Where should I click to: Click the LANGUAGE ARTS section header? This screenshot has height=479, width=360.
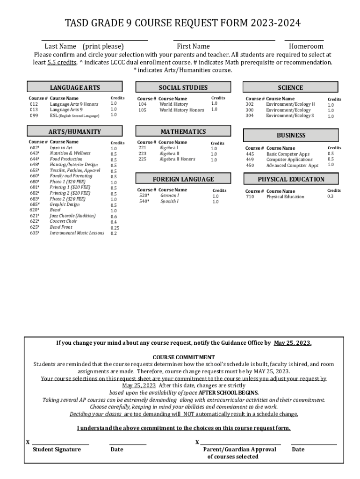coord(75,87)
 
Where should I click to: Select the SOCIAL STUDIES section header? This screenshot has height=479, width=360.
coord(183,87)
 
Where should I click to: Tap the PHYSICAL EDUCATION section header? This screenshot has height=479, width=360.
coord(291,179)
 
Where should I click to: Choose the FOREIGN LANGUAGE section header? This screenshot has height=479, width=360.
coord(183,179)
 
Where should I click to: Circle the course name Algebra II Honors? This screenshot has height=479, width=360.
coord(177,159)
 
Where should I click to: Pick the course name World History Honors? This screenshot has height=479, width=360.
coord(182,110)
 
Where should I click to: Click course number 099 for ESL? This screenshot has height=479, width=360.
coord(34,115)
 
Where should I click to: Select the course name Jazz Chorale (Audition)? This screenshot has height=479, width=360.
coord(72,216)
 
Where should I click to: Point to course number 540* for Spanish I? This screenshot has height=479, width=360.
coord(144,201)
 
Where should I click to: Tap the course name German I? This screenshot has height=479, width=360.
coord(169,196)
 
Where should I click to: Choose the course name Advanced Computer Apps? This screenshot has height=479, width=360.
coord(292,165)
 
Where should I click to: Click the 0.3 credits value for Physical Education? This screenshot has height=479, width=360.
coord(331,196)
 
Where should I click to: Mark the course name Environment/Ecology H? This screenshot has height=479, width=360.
coord(290,104)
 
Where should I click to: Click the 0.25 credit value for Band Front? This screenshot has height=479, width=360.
coord(115,228)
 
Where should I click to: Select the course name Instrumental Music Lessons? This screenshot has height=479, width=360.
coord(77,232)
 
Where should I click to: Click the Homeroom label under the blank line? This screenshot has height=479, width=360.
coord(306,46)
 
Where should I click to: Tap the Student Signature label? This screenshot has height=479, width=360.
coord(57,450)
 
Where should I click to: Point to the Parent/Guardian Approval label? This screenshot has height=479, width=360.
coord(239,450)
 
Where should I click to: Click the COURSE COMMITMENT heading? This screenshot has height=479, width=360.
coord(184,357)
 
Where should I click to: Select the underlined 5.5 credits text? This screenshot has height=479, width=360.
coord(62,62)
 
